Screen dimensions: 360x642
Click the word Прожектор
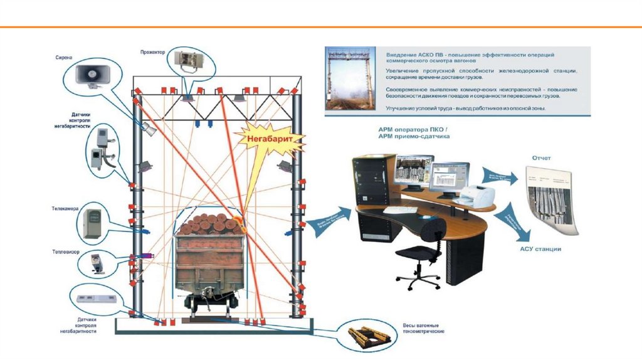[x=152, y=53]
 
